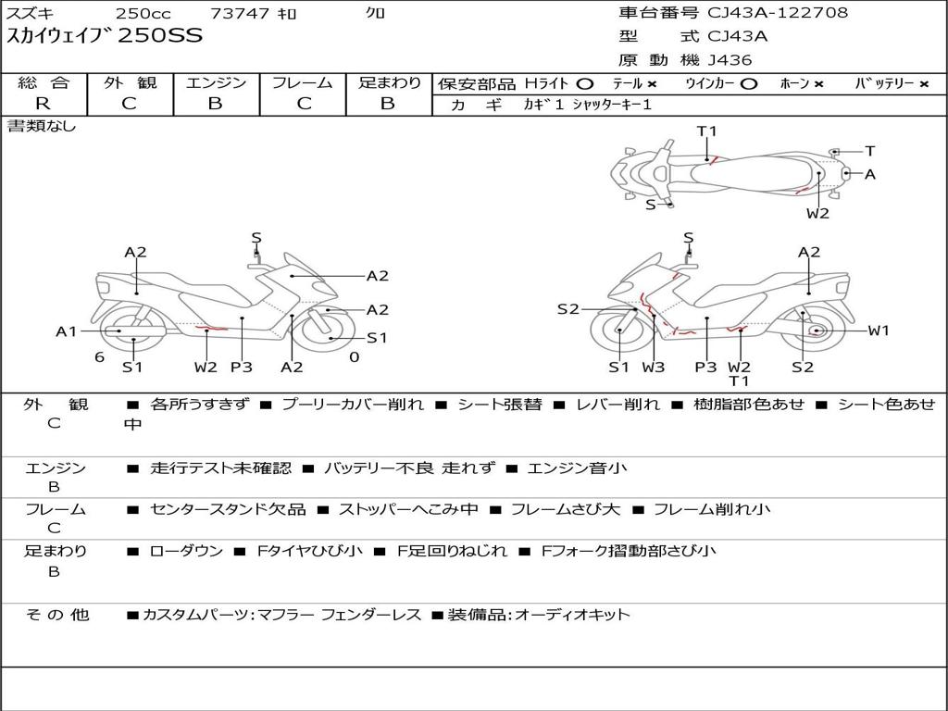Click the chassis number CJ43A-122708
tap(778, 13)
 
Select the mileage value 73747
tap(240, 14)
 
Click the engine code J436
tap(730, 60)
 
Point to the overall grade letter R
tap(42, 104)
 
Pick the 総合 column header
tap(44, 83)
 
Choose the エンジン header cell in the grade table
tap(216, 83)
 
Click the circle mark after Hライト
tap(584, 84)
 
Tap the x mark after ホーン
tap(817, 84)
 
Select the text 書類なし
tap(42, 126)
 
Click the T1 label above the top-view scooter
tap(707, 131)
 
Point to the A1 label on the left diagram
tap(66, 331)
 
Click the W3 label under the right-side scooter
tap(654, 368)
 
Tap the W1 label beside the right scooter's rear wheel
tap(878, 331)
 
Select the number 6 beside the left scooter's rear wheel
tap(98, 357)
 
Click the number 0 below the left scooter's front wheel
tap(354, 357)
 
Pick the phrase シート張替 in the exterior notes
tap(500, 405)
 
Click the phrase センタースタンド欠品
tap(228, 509)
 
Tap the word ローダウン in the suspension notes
tap(186, 551)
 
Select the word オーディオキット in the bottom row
tap(572, 615)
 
